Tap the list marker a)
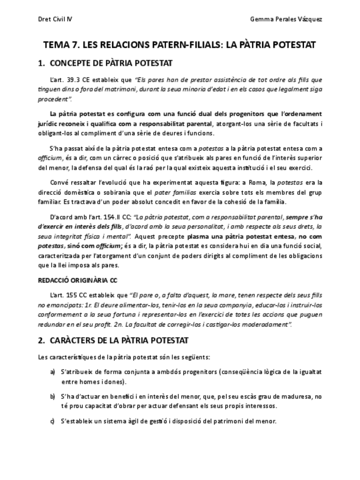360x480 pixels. pos(53,371)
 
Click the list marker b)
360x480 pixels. pos(53,397)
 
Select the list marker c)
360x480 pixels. pos(53,421)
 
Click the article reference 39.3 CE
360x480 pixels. pos(89,80)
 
